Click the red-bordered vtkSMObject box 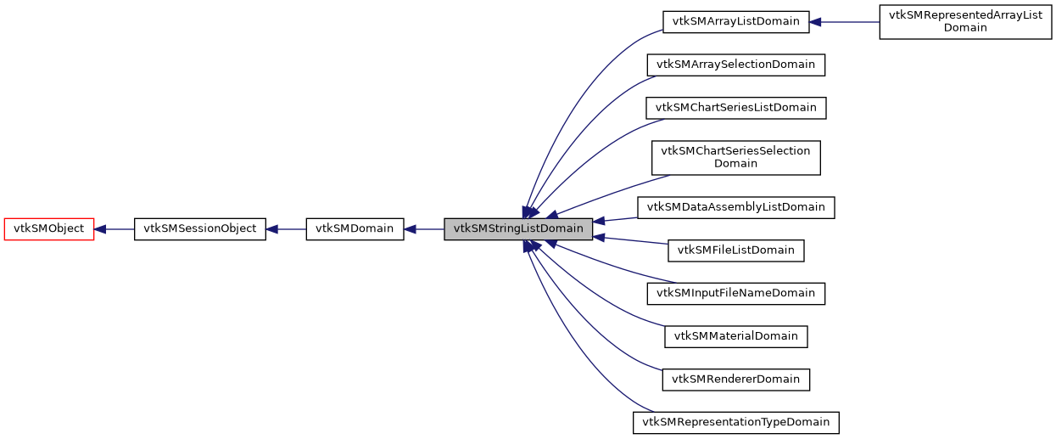tap(49, 228)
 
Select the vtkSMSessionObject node tap(200, 228)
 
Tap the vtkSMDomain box tap(355, 228)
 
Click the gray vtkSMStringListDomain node tap(518, 228)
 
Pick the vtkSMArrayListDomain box tap(735, 22)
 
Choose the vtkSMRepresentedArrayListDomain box tap(965, 22)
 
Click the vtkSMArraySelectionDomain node tap(735, 65)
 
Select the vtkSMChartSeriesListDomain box tap(735, 108)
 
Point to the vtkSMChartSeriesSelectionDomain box tap(735, 157)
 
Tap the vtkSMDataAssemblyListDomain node tap(735, 207)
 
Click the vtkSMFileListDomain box tap(735, 250)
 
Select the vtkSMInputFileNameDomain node tap(735, 294)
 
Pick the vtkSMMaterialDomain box tap(735, 336)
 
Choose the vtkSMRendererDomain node tap(735, 380)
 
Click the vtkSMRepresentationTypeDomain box tap(735, 422)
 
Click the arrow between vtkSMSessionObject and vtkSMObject tap(115, 228)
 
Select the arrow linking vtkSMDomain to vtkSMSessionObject tap(287, 228)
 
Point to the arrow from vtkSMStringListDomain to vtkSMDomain tap(424, 228)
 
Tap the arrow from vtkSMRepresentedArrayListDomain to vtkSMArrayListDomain tap(844, 22)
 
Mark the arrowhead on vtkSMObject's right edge tap(99, 228)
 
